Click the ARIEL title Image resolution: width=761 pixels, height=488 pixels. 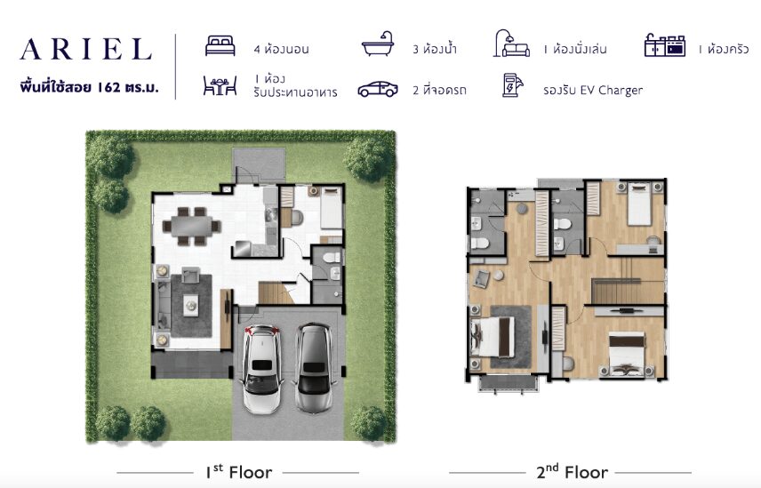tap(86, 49)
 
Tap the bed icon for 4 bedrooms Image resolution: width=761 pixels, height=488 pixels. tap(220, 46)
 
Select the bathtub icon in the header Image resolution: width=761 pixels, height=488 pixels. tap(378, 44)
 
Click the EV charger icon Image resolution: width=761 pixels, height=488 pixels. tap(512, 85)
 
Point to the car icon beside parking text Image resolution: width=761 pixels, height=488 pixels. tap(378, 89)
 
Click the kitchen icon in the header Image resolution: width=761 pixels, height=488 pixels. tap(664, 45)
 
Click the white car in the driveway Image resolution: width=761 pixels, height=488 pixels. tap(262, 368)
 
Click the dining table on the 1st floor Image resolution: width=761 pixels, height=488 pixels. tap(191, 226)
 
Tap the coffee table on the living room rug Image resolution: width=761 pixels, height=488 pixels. tap(191, 305)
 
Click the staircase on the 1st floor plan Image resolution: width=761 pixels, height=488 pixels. tap(276, 293)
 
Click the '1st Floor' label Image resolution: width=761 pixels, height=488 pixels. tap(239, 471)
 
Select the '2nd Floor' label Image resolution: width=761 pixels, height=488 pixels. tap(572, 471)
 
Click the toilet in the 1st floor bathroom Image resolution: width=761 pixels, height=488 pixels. tap(333, 257)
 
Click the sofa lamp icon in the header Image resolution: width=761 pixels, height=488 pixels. tap(512, 44)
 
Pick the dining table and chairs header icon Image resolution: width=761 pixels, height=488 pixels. tap(220, 85)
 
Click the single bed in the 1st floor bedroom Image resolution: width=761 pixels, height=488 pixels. tap(332, 209)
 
